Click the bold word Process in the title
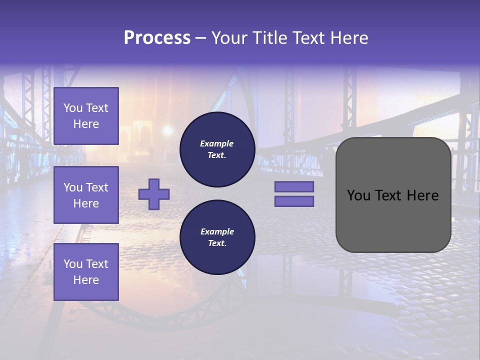coord(157,38)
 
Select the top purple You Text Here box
coord(86,116)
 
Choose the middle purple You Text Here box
coord(86,195)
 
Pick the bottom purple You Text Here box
coord(86,272)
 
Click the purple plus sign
coord(154,194)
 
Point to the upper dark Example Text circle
coord(217,149)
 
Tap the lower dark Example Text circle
coord(217,237)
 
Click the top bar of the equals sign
coord(294,186)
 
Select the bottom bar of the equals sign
coord(294,201)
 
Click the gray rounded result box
coord(393,220)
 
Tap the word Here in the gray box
coord(423,195)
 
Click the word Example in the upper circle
coord(217,143)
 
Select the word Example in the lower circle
coord(217,231)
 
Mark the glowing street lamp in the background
coord(167,131)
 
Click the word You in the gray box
coord(358,195)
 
